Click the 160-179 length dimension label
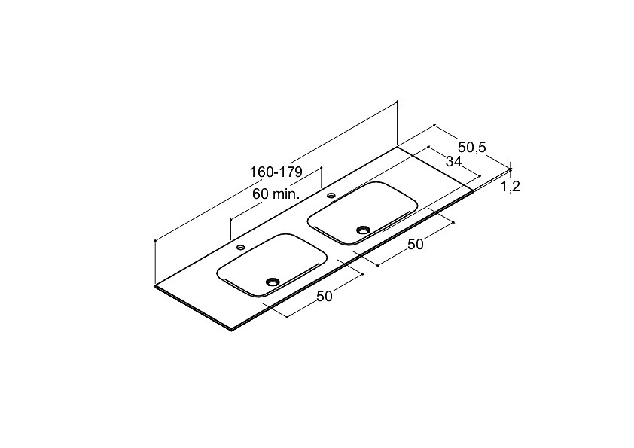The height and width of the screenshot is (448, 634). pos(276,172)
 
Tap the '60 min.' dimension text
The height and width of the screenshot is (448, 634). pos(276,194)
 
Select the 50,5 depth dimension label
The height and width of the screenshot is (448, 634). pos(472,147)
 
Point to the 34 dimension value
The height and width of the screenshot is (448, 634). pos(453,161)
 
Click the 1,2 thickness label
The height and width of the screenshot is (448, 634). pos(510,187)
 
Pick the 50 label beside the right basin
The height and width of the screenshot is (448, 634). pos(415,244)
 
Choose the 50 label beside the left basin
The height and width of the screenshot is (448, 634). pos(325,297)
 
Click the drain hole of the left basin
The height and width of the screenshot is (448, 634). pos(272,281)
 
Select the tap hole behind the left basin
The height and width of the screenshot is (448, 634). pos(241,247)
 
